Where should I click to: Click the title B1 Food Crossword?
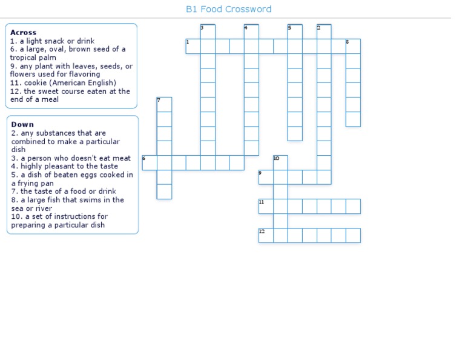(x=228, y=9)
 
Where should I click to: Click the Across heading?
(x=23, y=33)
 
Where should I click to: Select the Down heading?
(x=22, y=124)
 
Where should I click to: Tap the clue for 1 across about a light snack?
(x=52, y=41)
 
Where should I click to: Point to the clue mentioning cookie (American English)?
(x=63, y=83)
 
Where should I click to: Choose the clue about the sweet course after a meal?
(x=70, y=95)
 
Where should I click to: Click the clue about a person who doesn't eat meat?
(x=71, y=158)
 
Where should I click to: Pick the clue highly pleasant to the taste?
(x=64, y=166)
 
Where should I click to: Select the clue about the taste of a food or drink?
(x=64, y=192)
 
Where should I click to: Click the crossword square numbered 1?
(x=193, y=47)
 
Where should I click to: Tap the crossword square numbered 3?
(x=208, y=32)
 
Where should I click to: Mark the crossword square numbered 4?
(x=251, y=32)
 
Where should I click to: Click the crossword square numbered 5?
(x=295, y=32)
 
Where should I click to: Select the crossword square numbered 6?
(x=150, y=162)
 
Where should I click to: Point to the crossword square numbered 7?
(x=164, y=104)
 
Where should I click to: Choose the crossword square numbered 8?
(x=353, y=47)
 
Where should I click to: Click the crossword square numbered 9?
(x=266, y=177)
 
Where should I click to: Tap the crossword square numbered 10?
(x=280, y=162)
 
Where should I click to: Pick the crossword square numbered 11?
(x=266, y=206)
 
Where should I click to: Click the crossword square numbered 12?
(x=266, y=235)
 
